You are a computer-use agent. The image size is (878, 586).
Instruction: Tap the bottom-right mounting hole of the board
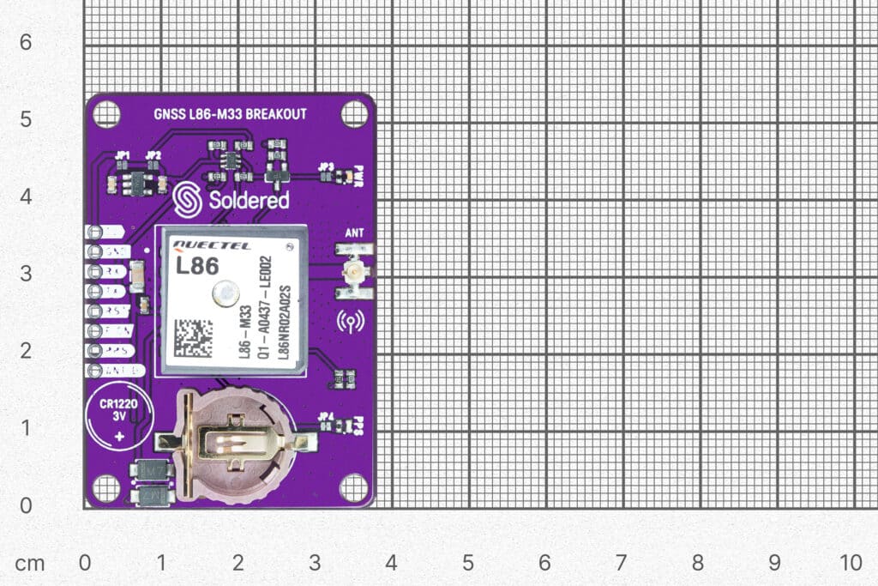[x=353, y=487]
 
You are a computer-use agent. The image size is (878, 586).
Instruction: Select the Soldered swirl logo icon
[x=186, y=199]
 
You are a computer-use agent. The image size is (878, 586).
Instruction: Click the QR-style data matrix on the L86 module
[x=192, y=338]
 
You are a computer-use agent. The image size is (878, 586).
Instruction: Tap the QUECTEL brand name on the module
[x=212, y=245]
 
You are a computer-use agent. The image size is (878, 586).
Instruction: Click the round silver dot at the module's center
[x=225, y=294]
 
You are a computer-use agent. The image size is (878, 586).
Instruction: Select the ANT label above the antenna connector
[x=353, y=233]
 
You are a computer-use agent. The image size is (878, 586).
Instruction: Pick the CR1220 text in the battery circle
[x=119, y=404]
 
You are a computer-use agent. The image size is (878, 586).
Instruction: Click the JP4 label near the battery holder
[x=325, y=417]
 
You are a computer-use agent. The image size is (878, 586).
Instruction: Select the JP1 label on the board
[x=123, y=155]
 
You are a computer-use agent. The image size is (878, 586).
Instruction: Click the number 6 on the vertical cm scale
[x=26, y=41]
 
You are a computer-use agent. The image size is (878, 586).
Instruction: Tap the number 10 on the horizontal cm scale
[x=851, y=563]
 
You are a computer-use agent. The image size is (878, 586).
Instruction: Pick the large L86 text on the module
[x=196, y=266]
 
